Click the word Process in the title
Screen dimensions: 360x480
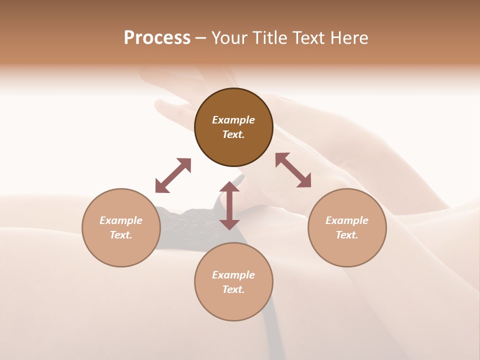(x=157, y=38)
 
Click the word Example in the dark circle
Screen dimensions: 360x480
(x=233, y=120)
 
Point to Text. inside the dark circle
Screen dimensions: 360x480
(x=233, y=134)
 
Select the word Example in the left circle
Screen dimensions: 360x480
(x=121, y=220)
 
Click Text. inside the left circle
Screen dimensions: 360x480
(x=121, y=235)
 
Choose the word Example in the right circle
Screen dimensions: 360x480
(x=347, y=220)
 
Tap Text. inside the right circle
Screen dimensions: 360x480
(x=347, y=235)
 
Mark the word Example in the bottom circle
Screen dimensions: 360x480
(x=233, y=275)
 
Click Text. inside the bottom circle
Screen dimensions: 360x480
(x=233, y=289)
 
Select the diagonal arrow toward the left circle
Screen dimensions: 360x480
(x=173, y=175)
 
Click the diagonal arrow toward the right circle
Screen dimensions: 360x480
(x=293, y=170)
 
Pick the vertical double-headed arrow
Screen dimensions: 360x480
(x=229, y=205)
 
